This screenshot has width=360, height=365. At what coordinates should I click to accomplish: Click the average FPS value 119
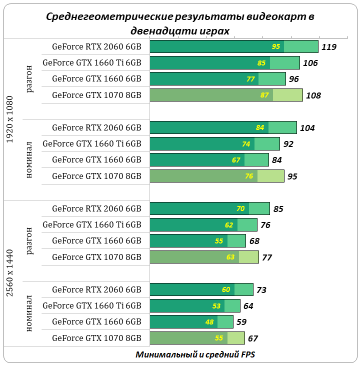click(329, 47)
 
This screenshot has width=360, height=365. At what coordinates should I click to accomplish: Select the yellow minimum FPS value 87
click(264, 95)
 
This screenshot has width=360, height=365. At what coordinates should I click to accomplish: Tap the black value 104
click(307, 128)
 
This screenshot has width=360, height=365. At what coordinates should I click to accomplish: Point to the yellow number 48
click(209, 322)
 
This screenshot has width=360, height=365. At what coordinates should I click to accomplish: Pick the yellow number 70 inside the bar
click(240, 208)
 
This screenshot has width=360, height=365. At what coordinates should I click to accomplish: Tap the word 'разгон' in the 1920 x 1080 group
click(29, 78)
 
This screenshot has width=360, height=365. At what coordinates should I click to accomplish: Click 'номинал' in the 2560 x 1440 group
click(29, 314)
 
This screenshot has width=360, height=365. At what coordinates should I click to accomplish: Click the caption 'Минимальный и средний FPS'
click(195, 354)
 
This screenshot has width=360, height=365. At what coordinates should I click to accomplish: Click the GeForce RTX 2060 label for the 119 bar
click(96, 47)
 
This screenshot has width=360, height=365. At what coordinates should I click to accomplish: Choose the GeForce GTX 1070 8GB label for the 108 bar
click(96, 95)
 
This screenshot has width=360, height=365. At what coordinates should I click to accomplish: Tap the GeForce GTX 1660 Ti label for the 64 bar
click(92, 306)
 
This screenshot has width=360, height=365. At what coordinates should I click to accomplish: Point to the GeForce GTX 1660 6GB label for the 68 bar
click(96, 241)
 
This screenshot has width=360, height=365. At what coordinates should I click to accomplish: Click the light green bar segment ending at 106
click(284, 63)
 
